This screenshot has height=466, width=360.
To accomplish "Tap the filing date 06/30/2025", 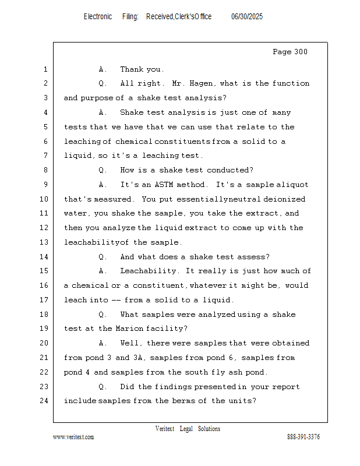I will point(247,17).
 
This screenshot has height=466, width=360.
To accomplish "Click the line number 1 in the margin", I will point(45,69).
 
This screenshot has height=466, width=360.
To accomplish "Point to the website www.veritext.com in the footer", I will point(73,437).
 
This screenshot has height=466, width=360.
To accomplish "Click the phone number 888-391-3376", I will point(303,437).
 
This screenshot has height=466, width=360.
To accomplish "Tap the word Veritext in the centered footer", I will point(165,429).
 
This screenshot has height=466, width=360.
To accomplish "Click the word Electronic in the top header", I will point(98,17).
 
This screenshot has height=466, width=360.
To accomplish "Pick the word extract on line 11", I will point(267,213).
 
